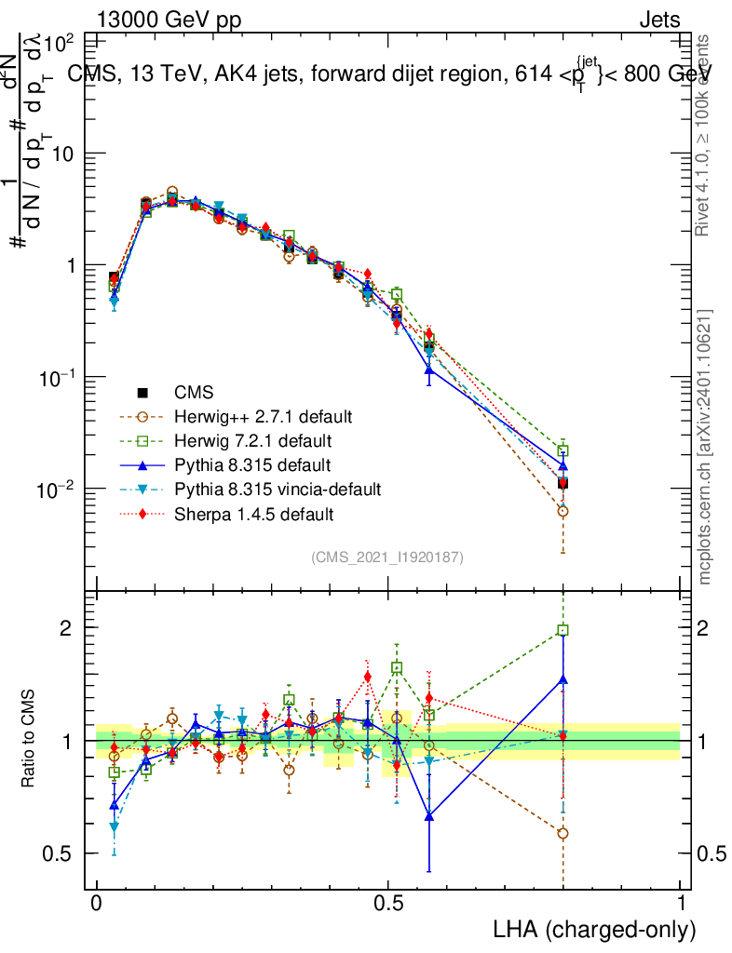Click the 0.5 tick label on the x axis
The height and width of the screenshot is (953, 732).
388,904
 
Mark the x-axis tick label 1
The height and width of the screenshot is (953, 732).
681,904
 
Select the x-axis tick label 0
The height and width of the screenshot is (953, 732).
97,904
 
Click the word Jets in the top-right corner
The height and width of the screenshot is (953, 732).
659,20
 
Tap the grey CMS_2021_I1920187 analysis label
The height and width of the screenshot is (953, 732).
387,557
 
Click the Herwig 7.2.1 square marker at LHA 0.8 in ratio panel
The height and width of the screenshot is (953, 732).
563,630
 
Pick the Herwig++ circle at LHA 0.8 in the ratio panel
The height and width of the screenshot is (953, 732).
563,833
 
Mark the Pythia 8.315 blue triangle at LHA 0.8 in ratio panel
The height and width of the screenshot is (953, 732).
563,679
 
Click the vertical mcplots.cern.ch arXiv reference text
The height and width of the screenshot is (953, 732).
705,447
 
